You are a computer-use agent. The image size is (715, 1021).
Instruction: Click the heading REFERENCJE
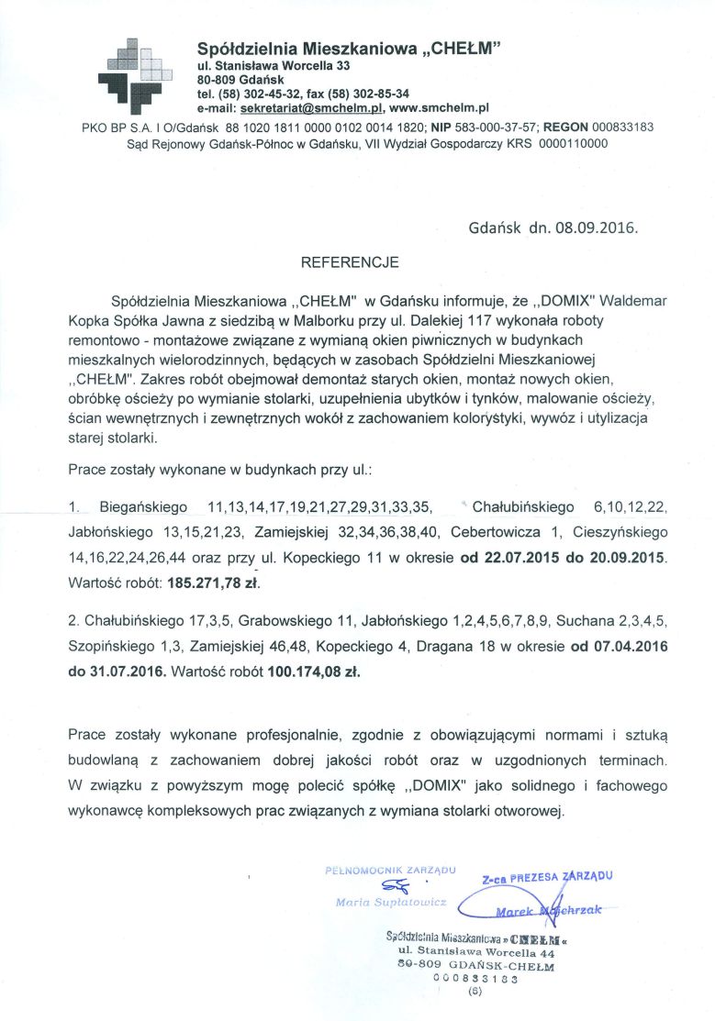[x=350, y=262]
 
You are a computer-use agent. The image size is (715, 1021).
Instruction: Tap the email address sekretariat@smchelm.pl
[x=311, y=107]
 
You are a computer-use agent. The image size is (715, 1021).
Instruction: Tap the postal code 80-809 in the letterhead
[x=217, y=80]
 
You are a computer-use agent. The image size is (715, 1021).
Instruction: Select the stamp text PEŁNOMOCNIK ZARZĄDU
[x=391, y=868]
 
